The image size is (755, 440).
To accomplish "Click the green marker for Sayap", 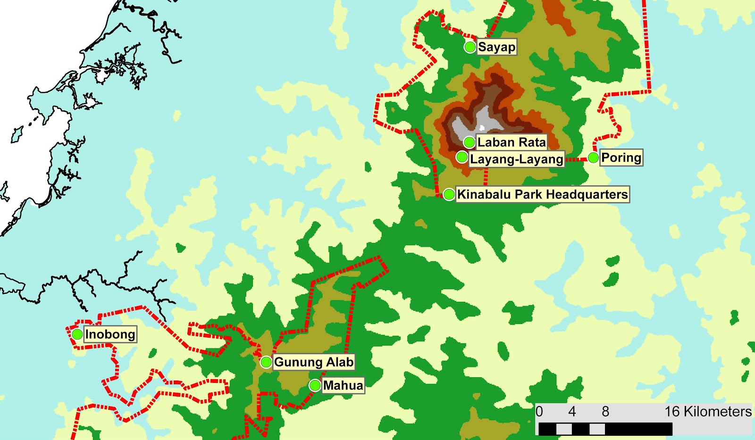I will tap(470, 47).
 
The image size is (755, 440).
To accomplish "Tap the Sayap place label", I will tap(496, 47).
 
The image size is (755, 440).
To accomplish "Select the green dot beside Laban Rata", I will tap(469, 142).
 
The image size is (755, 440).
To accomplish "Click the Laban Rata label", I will tap(512, 142).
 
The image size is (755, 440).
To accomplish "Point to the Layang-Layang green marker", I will tap(462, 157).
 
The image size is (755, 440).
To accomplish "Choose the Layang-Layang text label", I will tap(517, 159).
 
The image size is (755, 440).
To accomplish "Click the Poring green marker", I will tap(593, 158).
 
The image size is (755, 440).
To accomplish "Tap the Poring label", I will tap(621, 158).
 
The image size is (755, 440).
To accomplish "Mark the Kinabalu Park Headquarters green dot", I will tap(449, 194).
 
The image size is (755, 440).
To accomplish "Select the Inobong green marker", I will tap(77, 334).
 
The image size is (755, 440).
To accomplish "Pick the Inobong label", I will tap(110, 334).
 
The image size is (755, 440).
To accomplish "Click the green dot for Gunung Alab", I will tap(266, 362).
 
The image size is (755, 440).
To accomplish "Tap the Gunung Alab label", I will tap(314, 362).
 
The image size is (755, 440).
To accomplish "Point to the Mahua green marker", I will tap(315, 385).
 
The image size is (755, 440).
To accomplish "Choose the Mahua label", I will tap(343, 385).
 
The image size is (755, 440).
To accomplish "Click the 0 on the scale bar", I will tap(539, 412).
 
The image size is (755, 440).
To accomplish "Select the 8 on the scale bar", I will tap(605, 412).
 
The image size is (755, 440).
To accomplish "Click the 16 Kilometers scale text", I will tap(708, 412).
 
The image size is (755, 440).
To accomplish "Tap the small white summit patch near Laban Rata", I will tap(482, 128).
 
